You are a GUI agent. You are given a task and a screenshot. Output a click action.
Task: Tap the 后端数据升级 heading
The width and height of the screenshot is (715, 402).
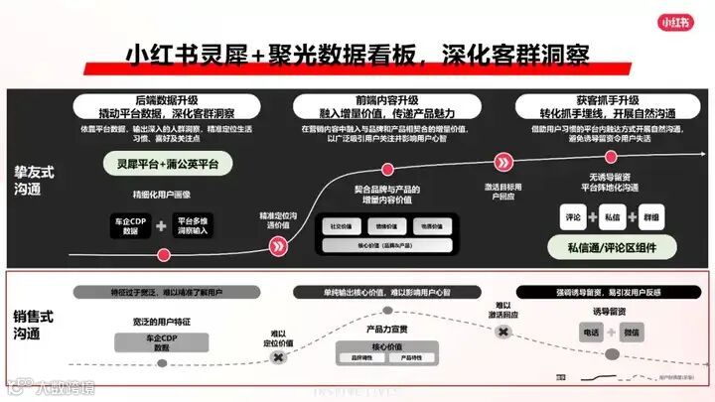click(166, 101)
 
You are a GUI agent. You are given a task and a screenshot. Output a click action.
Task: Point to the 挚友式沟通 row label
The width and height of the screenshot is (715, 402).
click(35, 181)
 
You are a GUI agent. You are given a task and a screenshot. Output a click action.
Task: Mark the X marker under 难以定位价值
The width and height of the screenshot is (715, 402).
click(279, 356)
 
